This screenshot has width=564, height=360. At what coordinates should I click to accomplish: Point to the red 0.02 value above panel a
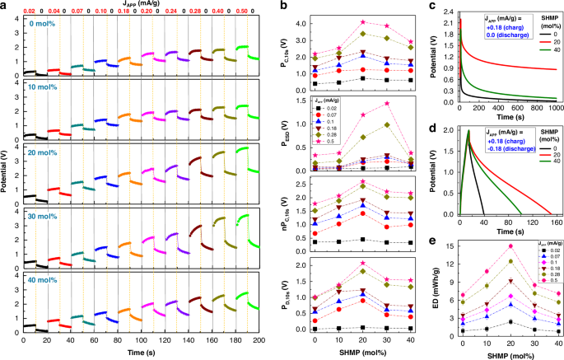27,12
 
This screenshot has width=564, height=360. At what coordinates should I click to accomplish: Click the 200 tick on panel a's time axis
258,339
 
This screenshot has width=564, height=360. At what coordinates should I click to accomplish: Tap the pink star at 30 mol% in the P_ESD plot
386,103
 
